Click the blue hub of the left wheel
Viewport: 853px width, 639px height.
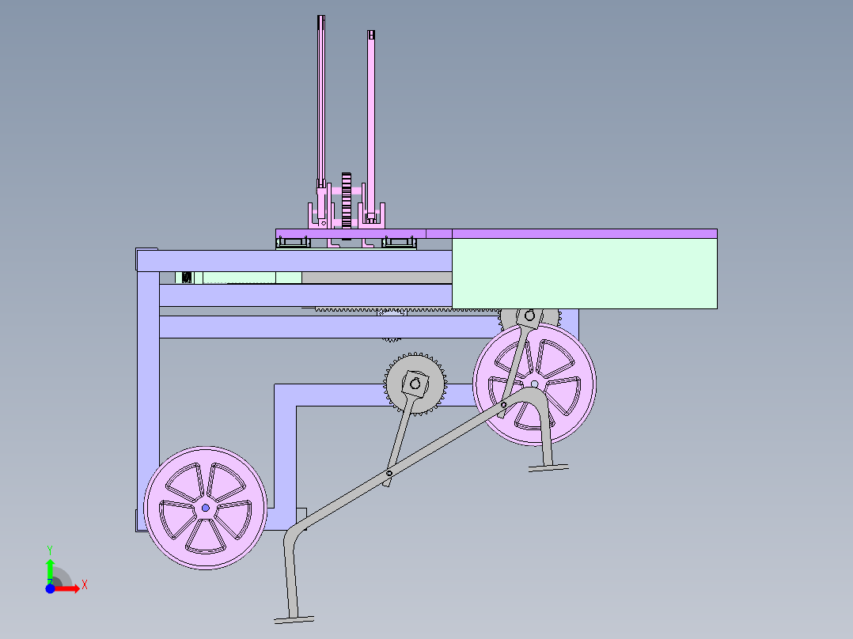(205, 508)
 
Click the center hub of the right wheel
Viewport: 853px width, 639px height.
(535, 384)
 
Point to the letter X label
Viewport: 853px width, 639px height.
(85, 585)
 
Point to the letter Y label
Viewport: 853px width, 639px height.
(50, 550)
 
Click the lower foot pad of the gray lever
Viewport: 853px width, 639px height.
(294, 619)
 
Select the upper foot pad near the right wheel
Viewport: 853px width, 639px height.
(548, 467)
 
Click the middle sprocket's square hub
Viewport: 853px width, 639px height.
(415, 384)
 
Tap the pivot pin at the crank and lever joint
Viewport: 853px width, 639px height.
(389, 474)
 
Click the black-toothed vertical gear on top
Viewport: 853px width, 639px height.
(347, 201)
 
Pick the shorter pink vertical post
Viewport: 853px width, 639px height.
(371, 126)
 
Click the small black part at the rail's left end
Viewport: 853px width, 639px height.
(187, 278)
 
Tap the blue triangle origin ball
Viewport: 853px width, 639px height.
(50, 589)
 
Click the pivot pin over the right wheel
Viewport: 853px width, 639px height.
(503, 405)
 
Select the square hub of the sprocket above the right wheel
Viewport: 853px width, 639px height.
(529, 316)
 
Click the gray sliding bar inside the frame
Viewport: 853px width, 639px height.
(377, 278)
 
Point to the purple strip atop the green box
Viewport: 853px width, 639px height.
(584, 234)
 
